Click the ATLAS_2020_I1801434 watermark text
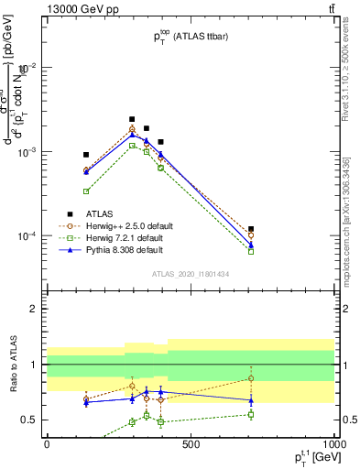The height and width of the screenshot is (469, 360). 191,274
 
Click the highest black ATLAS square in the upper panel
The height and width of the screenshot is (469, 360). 132,119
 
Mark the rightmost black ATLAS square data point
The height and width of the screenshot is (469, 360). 251,229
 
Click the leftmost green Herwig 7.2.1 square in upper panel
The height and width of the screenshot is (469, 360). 86,191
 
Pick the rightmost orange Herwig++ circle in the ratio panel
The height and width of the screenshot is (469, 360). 251,378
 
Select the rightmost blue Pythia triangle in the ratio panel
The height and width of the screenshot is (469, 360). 251,400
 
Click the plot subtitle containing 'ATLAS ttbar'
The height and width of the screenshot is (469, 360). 191,35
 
